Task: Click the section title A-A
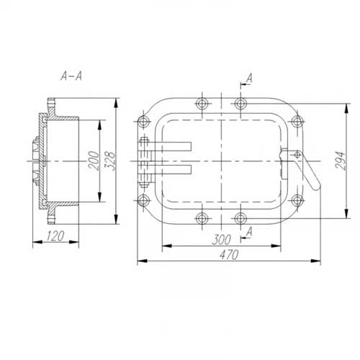71,76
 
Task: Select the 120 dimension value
55,236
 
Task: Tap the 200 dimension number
94,161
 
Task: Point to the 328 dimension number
110,161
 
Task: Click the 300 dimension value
222,240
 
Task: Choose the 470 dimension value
229,255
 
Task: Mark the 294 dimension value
341,161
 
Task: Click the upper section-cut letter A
250,78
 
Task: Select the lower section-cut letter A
250,232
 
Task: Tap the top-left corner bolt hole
143,121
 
